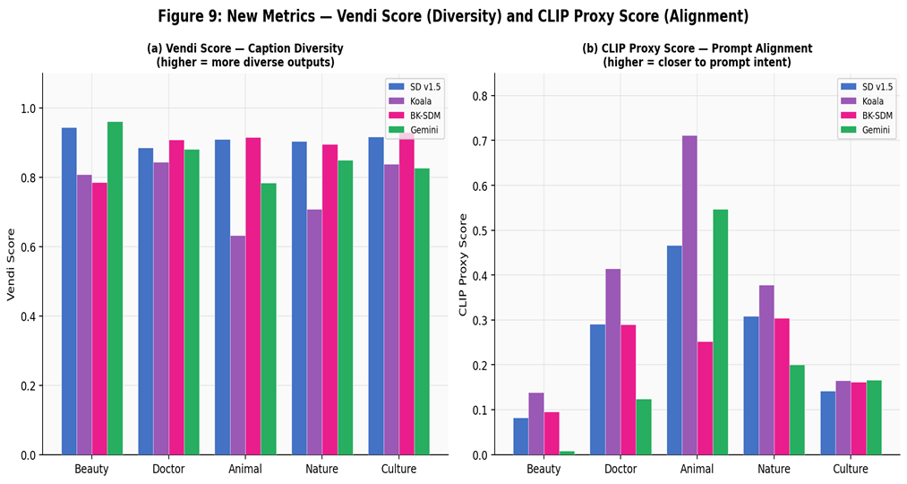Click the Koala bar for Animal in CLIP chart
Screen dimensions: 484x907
click(689, 295)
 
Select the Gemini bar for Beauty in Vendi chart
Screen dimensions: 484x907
click(115, 288)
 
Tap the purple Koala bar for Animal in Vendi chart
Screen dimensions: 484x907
click(237, 345)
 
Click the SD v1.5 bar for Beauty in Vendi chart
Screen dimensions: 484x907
click(69, 291)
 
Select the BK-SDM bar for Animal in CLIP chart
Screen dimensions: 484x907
click(705, 398)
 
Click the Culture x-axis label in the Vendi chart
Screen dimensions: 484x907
click(398, 470)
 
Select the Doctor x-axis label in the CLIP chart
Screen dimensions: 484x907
click(620, 470)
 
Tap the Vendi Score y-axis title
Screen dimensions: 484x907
click(12, 264)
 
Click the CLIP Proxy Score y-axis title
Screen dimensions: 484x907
click(463, 264)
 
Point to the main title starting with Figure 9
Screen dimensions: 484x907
click(453, 16)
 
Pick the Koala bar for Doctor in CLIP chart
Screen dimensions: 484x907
click(612, 361)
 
